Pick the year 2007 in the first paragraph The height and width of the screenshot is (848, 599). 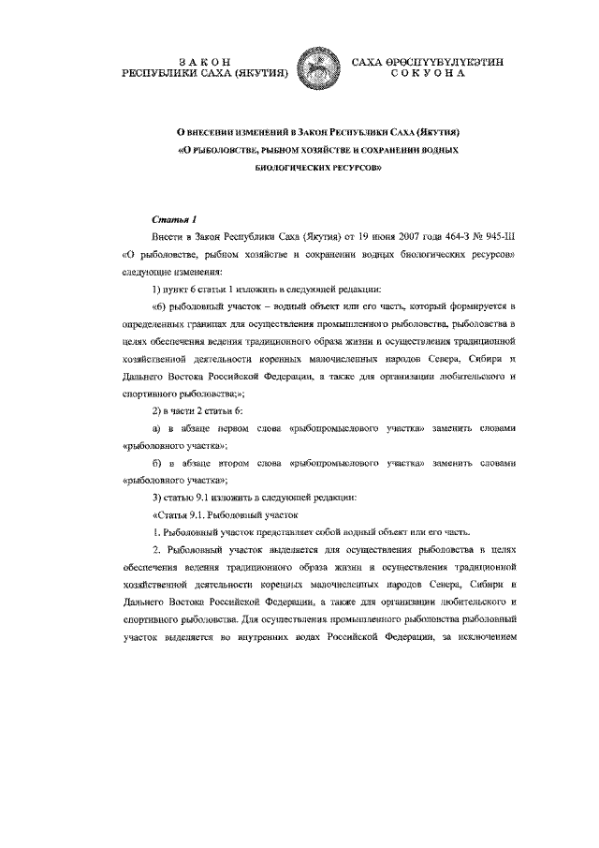click(x=365, y=238)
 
